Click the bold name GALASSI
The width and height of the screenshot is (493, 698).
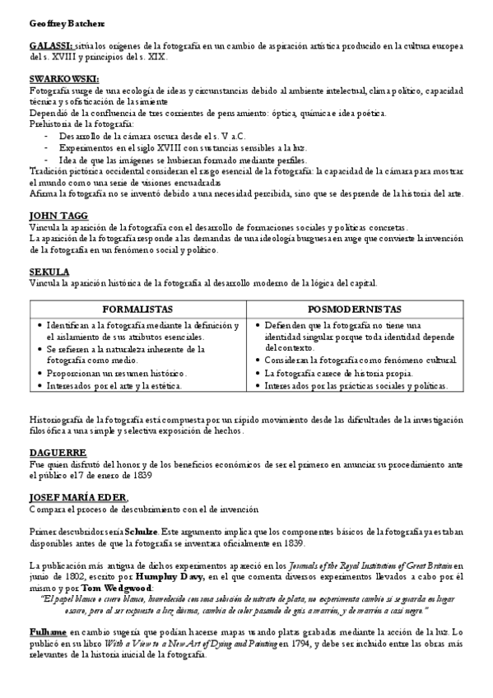click(x=50, y=48)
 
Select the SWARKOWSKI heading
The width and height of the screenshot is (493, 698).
click(x=63, y=78)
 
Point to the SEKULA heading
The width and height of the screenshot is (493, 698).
click(x=49, y=271)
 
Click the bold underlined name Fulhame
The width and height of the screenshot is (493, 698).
click(x=48, y=631)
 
